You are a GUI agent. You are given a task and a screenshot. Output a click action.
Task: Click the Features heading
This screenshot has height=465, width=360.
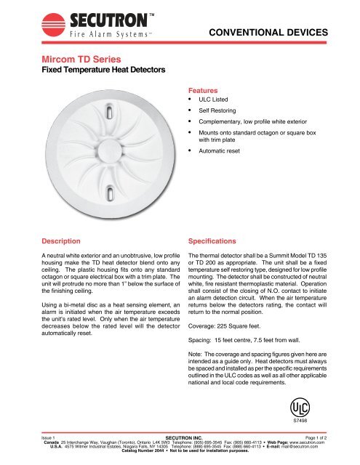click(x=205, y=84)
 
